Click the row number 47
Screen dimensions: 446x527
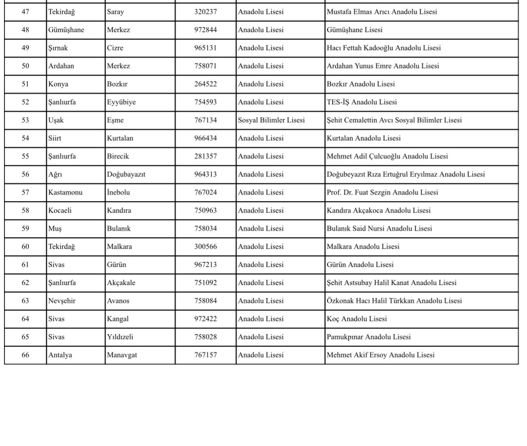point(25,12)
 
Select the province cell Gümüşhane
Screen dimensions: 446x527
point(66,30)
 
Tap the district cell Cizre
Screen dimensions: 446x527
point(115,48)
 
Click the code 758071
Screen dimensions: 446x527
point(205,66)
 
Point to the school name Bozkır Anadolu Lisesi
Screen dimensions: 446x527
point(360,84)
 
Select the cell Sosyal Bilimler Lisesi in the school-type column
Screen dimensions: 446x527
point(271,120)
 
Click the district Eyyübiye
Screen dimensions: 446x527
point(121,102)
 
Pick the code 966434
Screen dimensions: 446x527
point(205,139)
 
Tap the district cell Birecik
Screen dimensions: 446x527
point(118,156)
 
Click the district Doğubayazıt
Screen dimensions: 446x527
point(126,175)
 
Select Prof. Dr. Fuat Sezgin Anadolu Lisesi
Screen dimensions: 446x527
point(382,193)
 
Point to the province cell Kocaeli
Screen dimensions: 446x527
point(60,210)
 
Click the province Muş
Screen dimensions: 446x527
point(55,229)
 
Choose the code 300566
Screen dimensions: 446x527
point(205,247)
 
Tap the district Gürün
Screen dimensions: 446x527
point(116,265)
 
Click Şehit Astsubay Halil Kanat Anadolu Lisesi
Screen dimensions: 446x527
point(392,283)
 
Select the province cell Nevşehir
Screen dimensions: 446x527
point(62,301)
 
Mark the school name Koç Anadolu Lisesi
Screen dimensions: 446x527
point(357,319)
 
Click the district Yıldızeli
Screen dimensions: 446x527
point(120,337)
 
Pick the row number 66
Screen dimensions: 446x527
point(25,355)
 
